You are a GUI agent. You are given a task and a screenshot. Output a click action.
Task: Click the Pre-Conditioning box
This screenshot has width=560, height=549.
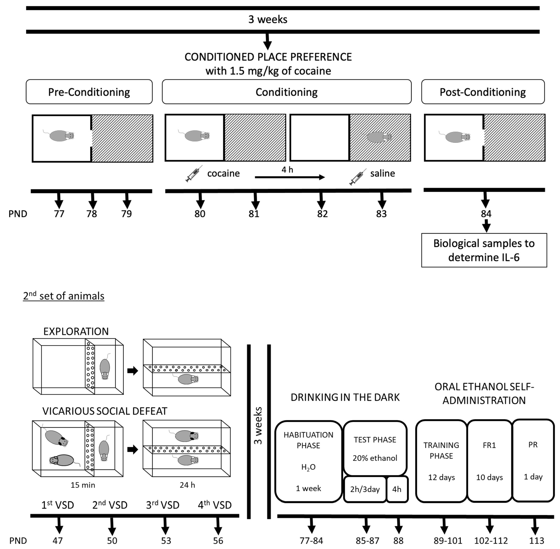(x=89, y=92)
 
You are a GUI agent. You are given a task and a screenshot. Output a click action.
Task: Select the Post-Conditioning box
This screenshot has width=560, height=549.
(x=483, y=92)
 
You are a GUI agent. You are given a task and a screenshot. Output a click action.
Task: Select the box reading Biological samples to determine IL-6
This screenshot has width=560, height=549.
(x=484, y=250)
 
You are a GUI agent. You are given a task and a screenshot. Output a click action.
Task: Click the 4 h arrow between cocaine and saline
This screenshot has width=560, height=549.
(x=290, y=177)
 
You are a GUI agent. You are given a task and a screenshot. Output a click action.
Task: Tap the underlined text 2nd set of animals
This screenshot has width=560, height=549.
(x=64, y=296)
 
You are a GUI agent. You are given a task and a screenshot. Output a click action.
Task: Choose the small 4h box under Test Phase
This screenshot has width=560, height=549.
(x=397, y=489)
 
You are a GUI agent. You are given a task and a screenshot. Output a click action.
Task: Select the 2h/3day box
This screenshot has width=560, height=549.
(x=365, y=489)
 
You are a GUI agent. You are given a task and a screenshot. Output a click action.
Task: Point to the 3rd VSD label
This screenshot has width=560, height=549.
(x=163, y=505)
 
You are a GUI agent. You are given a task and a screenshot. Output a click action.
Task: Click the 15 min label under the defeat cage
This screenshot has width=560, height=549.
(x=83, y=485)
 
